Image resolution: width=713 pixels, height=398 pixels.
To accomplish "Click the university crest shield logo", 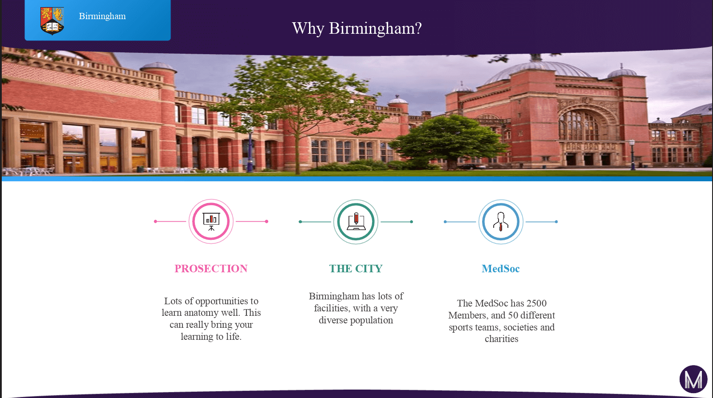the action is click(52, 21).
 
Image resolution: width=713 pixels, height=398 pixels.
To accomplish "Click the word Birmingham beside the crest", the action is click(102, 16).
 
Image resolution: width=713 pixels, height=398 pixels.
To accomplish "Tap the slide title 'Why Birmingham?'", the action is click(357, 28).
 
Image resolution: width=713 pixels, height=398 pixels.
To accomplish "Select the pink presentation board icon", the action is click(211, 222).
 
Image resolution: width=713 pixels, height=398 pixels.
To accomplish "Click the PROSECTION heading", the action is click(211, 269).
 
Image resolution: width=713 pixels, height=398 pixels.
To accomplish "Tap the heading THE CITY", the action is click(356, 269).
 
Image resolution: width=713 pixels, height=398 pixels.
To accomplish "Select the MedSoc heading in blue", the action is click(501, 269).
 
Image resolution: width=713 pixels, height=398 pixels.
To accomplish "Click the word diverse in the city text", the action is click(333, 320).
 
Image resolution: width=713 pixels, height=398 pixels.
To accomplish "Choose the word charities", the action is click(501, 339).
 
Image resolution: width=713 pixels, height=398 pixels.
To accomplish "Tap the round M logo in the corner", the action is click(693, 379).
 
